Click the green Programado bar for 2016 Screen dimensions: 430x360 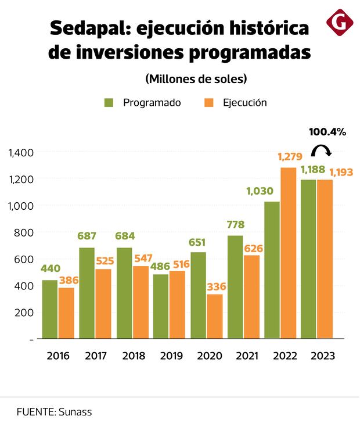click(50, 309)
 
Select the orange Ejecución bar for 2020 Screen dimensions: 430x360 click(214, 316)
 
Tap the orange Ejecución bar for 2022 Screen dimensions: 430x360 click(289, 253)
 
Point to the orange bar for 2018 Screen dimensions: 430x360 click(140, 302)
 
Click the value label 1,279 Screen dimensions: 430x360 click(289, 157)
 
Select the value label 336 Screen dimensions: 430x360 click(215, 286)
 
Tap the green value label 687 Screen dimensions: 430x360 click(87, 236)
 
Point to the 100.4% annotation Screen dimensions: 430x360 click(327, 132)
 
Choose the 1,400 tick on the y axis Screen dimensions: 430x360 click(21, 153)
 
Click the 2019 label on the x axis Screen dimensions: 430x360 click(168, 356)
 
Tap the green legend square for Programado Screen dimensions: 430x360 click(109, 103)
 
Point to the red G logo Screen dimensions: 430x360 click(340, 23)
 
